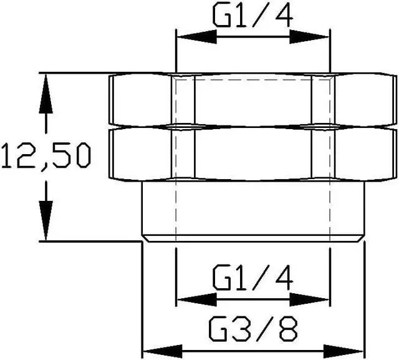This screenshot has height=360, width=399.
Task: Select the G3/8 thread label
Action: (x=253, y=329)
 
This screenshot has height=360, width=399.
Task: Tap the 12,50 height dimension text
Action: (x=46, y=156)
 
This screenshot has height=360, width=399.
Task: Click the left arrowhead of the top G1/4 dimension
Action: (x=197, y=37)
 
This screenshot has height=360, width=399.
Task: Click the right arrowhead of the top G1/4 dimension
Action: (x=309, y=37)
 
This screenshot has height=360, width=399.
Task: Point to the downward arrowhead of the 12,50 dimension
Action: (x=46, y=220)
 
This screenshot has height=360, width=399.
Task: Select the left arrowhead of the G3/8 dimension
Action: (x=163, y=352)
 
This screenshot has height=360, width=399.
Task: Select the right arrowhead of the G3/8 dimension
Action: (x=344, y=352)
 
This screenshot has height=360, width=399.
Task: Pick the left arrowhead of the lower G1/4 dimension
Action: (x=197, y=299)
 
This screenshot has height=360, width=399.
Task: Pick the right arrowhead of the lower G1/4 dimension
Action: (x=309, y=299)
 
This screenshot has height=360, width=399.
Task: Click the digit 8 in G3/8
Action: (x=289, y=329)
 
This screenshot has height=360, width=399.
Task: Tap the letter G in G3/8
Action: (x=218, y=329)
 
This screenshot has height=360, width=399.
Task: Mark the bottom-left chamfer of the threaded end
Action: (x=145, y=238)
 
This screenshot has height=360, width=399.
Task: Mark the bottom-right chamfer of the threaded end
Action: (x=361, y=238)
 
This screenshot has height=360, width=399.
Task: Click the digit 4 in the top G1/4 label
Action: (x=284, y=15)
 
